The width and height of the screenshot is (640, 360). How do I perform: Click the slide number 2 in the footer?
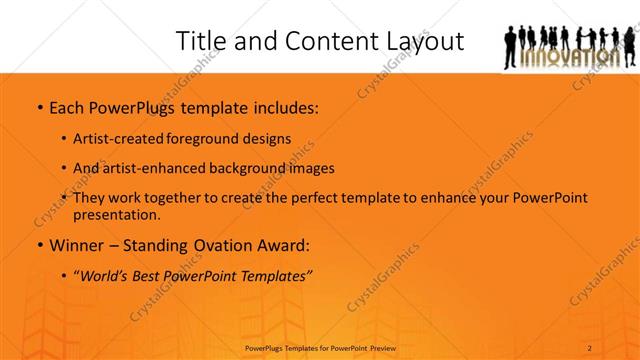tap(590, 348)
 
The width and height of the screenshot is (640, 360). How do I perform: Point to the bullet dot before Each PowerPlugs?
tap(38, 107)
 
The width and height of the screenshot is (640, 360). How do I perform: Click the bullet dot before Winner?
tap(38, 245)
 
